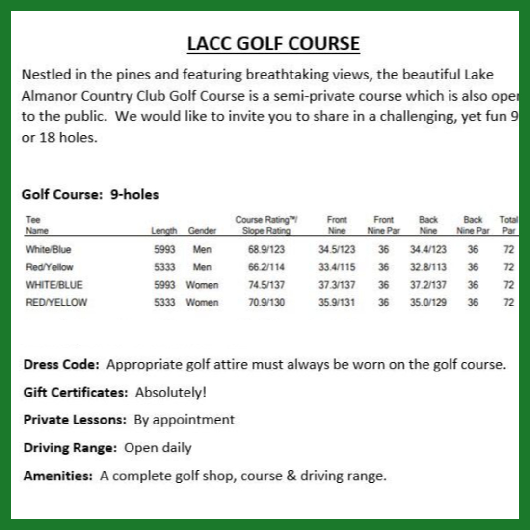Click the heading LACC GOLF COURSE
[273, 44]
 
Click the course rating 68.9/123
[266, 249]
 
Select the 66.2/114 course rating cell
[266, 267]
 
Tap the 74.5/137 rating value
[266, 285]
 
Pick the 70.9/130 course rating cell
[266, 302]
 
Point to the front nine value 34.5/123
[337, 249]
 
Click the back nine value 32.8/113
[428, 267]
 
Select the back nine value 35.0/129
[428, 302]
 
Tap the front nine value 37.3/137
[337, 285]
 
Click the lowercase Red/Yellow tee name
[49, 267]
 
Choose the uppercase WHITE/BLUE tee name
[54, 285]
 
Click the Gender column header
[202, 231]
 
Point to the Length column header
[164, 231]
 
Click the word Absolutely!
[171, 393]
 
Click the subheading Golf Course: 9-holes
[90, 195]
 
